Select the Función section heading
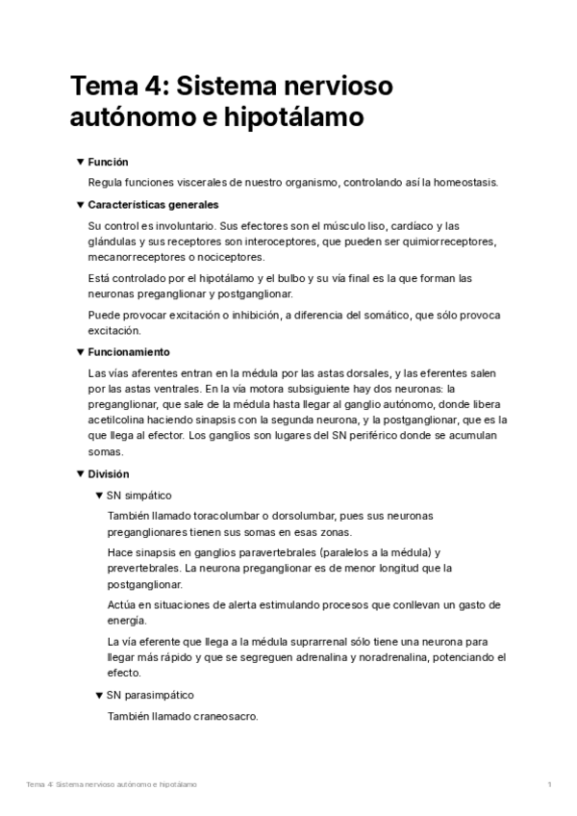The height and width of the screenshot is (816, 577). pyautogui.click(x=108, y=163)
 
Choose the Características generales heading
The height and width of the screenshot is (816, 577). pyautogui.click(x=153, y=204)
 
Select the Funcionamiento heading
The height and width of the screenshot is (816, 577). pyautogui.click(x=129, y=352)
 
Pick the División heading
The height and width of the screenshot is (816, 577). pyautogui.click(x=108, y=473)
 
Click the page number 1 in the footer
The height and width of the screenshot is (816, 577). pyautogui.click(x=548, y=785)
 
